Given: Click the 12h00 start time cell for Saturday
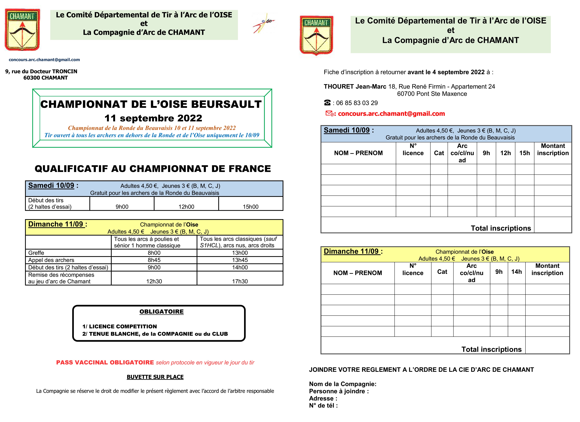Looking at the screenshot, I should (186, 207).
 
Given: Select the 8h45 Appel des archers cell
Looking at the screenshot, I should (154, 260).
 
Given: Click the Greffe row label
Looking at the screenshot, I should (36, 253).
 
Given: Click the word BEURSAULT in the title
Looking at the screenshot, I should (226, 104).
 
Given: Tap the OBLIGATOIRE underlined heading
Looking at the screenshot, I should (161, 312).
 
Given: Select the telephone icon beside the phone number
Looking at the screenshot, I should (327, 103).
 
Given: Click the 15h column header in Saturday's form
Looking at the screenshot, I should (525, 153).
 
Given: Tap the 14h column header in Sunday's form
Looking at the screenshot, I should (516, 272).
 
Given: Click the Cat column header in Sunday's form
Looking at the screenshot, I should (442, 272).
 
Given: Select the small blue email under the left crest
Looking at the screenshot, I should (44, 60).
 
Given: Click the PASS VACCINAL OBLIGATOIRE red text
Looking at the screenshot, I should (105, 362).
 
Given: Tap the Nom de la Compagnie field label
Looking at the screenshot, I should (342, 384).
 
